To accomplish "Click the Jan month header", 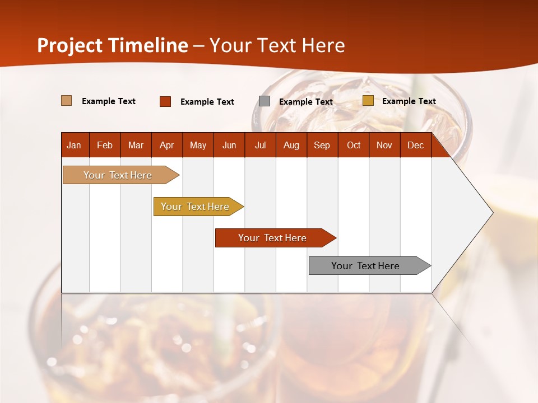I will click(x=74, y=145).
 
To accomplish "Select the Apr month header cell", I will click(x=166, y=145).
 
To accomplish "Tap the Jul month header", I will click(x=260, y=145).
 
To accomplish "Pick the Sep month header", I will click(x=322, y=145).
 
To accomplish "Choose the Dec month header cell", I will click(x=415, y=145).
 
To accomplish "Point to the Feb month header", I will click(x=105, y=145).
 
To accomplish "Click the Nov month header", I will click(x=384, y=145).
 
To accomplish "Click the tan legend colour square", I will click(x=66, y=101).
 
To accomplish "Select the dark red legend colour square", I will click(x=165, y=101).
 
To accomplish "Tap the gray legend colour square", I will click(x=265, y=101).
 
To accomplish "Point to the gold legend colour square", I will click(x=368, y=101).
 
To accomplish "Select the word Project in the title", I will click(x=69, y=45).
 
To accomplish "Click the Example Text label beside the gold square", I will click(x=409, y=101).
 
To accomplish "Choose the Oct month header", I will click(x=353, y=145).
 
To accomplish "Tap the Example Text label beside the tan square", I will click(x=109, y=101).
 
